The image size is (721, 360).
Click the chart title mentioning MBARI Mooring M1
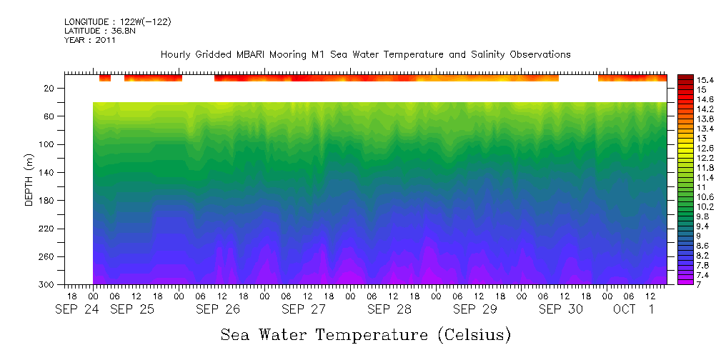[x=365, y=54]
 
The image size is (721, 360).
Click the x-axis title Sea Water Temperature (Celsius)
[x=365, y=334]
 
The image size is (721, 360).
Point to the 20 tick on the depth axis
[x=51, y=88]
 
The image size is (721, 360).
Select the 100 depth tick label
[x=49, y=144]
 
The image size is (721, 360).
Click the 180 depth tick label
[x=49, y=201]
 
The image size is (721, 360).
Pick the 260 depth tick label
[x=49, y=256]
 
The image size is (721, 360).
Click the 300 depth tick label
[x=49, y=285]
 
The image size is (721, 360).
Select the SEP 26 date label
[x=218, y=309]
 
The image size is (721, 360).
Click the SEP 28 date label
[x=389, y=309]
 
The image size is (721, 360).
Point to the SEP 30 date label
[x=561, y=309]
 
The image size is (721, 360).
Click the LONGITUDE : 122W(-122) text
[x=118, y=22]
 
